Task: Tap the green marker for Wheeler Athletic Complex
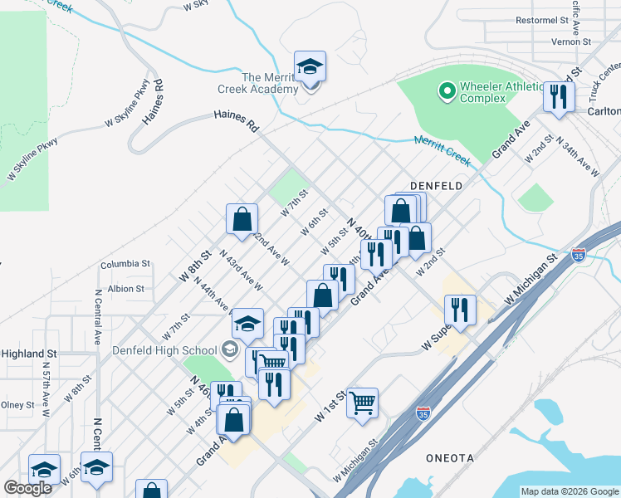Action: click(447, 90)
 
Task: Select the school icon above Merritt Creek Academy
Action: click(310, 66)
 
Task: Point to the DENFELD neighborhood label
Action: click(436, 187)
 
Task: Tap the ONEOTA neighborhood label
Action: click(451, 458)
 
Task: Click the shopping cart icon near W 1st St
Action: click(363, 403)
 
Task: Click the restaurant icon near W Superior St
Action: click(459, 310)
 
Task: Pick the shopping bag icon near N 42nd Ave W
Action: click(242, 219)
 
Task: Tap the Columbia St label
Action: click(125, 264)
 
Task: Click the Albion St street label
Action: click(126, 289)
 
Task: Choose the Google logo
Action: click(27, 488)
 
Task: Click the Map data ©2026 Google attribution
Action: click(569, 491)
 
